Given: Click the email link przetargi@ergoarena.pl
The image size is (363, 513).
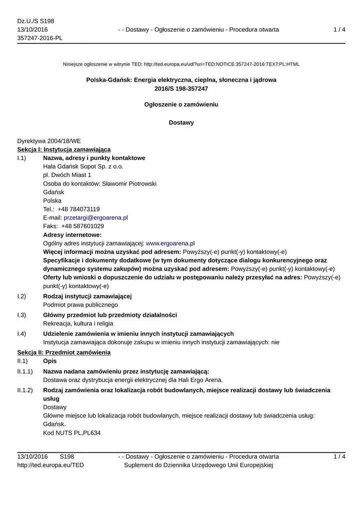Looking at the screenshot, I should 96,217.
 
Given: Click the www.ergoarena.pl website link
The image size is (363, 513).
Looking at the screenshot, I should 170,243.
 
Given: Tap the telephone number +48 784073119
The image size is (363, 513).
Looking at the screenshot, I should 79,209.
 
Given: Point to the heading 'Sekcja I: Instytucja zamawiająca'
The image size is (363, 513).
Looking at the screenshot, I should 64,149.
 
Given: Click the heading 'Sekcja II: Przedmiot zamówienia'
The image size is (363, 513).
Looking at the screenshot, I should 64,353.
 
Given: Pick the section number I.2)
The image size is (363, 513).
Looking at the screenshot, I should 22,296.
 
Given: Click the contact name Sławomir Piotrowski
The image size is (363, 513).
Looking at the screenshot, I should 129,183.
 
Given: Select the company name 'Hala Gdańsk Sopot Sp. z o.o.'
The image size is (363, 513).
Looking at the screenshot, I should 83,166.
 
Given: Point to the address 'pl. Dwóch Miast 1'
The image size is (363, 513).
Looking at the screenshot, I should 67,175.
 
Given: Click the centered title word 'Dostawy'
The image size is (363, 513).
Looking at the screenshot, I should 181,122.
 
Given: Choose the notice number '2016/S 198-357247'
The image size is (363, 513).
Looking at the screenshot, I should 181,89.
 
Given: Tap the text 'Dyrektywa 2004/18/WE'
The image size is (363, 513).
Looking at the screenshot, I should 49,141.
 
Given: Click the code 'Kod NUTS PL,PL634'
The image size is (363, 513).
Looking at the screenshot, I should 72,432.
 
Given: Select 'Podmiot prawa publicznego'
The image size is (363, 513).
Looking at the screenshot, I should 81,305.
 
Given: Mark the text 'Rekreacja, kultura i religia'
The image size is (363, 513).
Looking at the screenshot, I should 81,323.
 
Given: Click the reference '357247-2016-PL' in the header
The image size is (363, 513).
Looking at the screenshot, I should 40,38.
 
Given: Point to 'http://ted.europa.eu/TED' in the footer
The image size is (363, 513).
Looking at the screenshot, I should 51,465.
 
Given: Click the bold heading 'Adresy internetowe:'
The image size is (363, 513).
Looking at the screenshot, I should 73,234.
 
